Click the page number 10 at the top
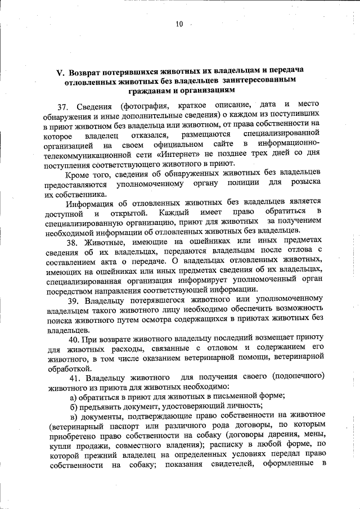click(x=179, y=24)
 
